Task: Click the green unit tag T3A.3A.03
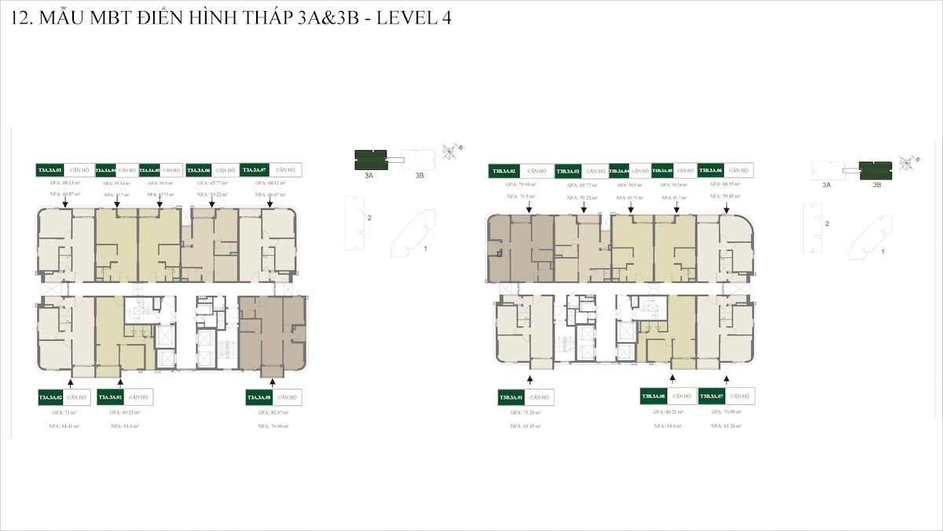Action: coord(50,169)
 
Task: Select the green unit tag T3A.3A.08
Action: coord(259,397)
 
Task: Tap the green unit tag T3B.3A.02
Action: coord(503,170)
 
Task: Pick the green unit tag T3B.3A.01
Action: coord(510,397)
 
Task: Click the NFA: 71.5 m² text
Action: coord(522,196)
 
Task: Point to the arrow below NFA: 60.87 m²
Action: coord(65,203)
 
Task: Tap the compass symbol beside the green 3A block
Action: coord(450,150)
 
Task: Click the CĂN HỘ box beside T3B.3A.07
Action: coord(739,396)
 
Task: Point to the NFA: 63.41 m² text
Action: coord(60,426)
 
